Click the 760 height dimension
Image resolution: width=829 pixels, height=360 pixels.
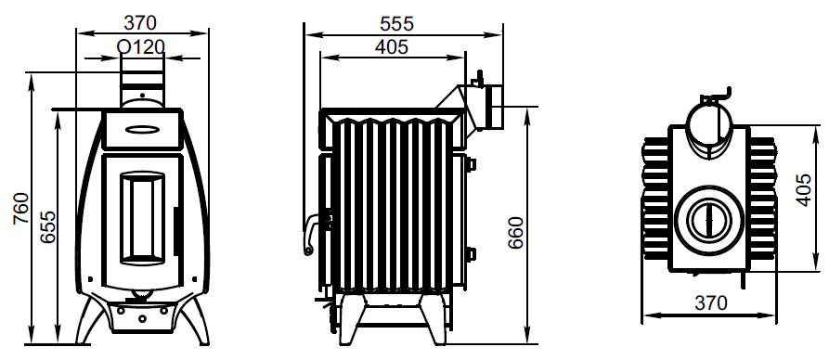click(20, 209)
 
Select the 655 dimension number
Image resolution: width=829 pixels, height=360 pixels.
click(48, 227)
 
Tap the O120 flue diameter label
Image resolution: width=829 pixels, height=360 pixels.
click(141, 47)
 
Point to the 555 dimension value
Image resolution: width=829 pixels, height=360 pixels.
click(396, 24)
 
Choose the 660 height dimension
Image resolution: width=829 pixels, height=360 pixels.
click(515, 233)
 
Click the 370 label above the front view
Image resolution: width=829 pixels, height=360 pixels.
click(140, 22)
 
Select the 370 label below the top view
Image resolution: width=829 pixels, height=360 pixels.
click(711, 302)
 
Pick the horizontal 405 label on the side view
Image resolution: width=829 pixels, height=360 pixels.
click(392, 47)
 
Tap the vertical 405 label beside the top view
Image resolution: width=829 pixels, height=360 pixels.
click(803, 190)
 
